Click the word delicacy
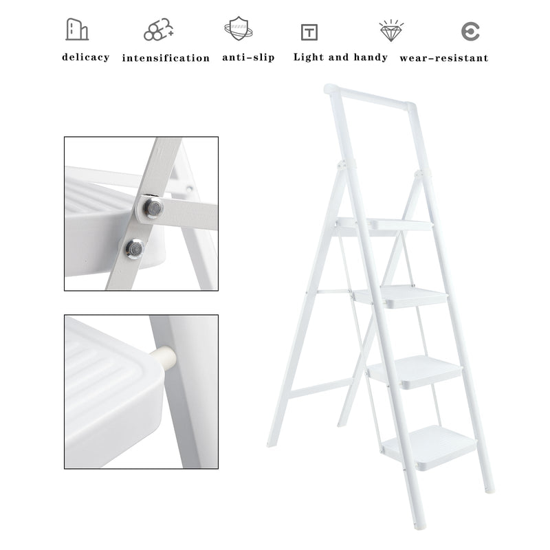(x=85, y=58)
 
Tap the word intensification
(x=166, y=58)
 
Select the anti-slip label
(x=248, y=58)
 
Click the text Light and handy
(x=340, y=58)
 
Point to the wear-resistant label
(x=443, y=58)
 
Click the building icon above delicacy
(x=77, y=30)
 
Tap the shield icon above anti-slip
(x=239, y=29)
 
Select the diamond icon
(x=391, y=30)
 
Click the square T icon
(x=309, y=32)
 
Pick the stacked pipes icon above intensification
(x=159, y=30)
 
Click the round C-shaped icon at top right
(x=470, y=32)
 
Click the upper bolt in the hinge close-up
(x=153, y=208)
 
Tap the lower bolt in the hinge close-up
(x=135, y=249)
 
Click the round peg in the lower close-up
(x=165, y=357)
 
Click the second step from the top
(x=401, y=296)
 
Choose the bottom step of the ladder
(x=429, y=448)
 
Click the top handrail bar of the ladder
(x=370, y=96)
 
